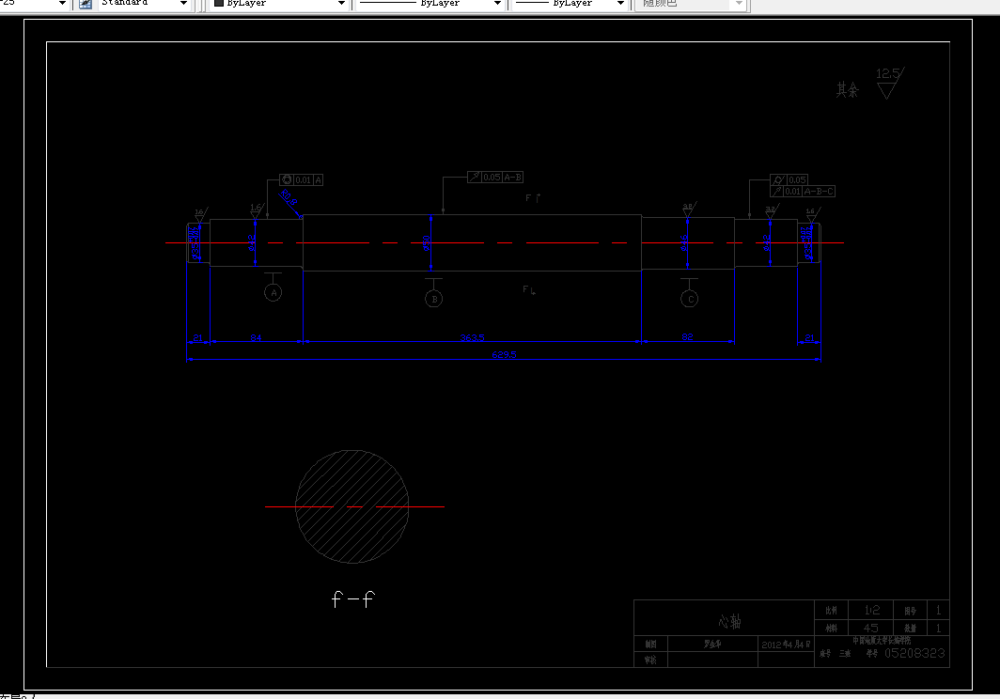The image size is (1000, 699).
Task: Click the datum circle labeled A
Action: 273,293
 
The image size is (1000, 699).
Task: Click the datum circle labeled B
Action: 433,299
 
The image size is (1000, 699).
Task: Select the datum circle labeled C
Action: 690,299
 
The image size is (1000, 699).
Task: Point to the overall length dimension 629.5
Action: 504,355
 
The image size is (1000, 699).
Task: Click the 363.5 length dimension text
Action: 472,337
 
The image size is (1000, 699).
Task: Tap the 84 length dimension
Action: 256,336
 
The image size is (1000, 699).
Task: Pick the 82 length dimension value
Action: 687,336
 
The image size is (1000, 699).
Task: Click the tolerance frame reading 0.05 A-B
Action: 495,177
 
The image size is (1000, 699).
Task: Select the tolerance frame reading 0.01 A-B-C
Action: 803,192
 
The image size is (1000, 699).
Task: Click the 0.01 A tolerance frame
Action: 302,179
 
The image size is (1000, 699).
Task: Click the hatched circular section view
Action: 352,506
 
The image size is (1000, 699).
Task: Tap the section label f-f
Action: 353,599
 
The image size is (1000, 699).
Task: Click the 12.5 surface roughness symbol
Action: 887,83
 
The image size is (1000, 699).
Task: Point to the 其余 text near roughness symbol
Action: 847,90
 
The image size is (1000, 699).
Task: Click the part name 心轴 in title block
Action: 730,622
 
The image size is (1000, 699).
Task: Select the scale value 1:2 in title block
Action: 871,610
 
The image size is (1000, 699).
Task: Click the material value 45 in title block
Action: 871,628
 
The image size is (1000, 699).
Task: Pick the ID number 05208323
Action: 914,652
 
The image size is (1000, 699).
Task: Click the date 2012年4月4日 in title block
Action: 785,645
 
